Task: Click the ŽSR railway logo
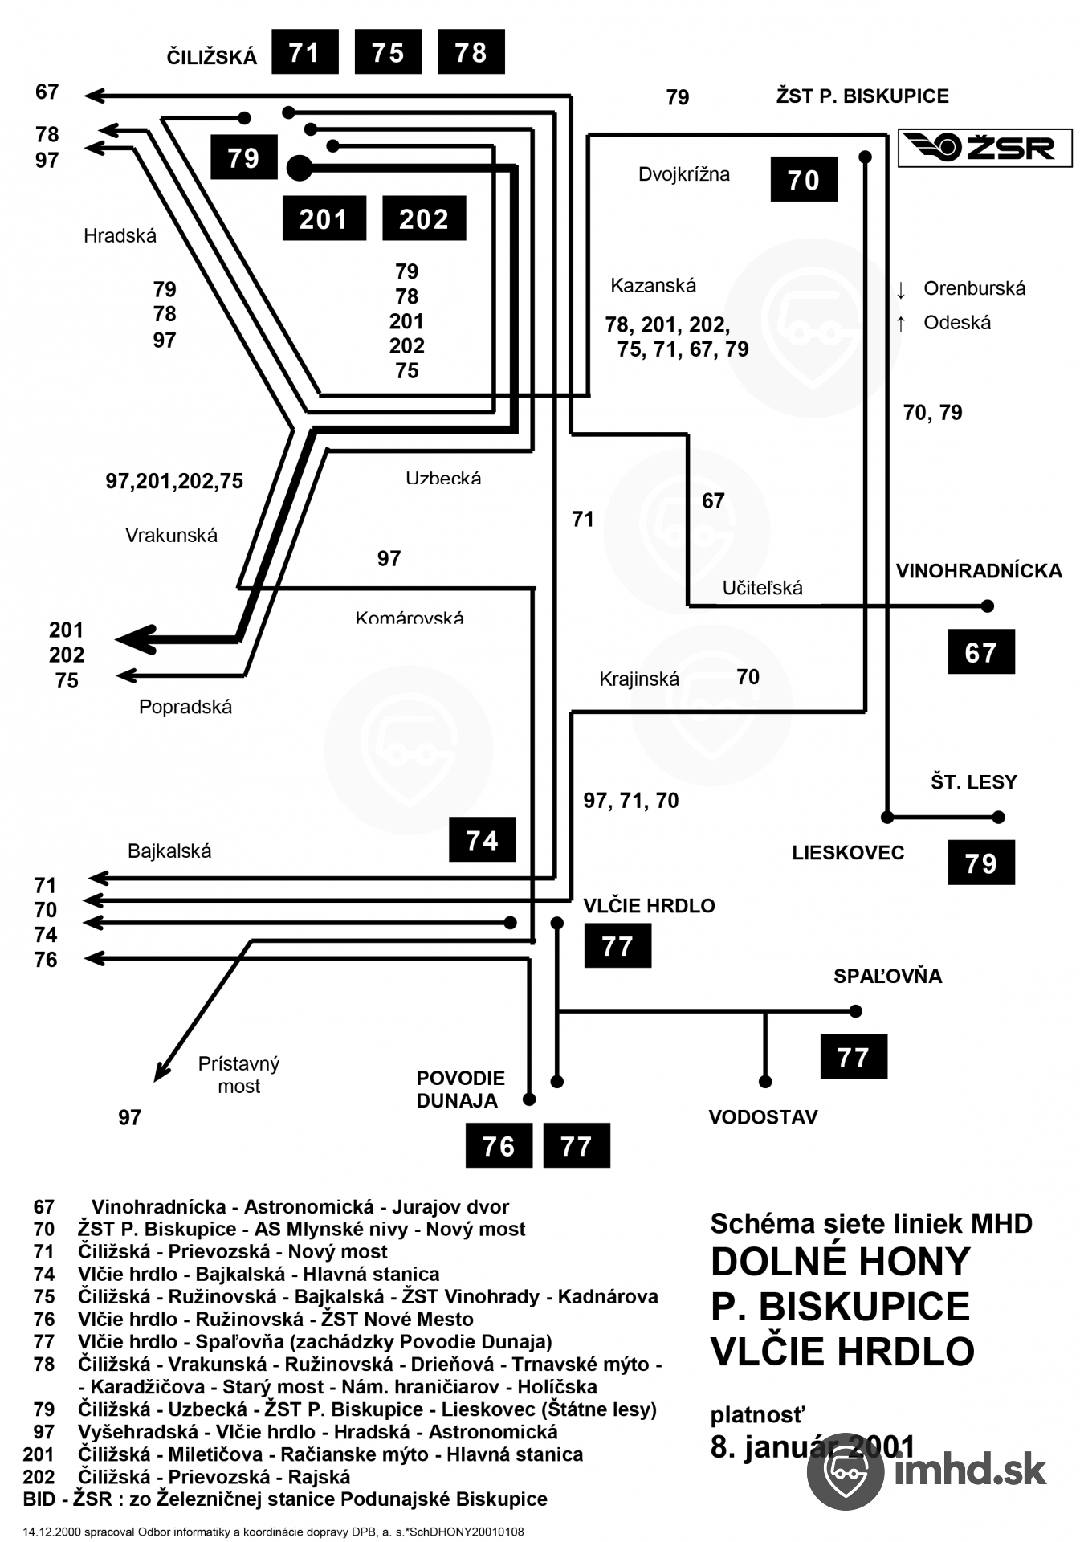pyautogui.click(x=984, y=148)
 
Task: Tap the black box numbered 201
pyautogui.click(x=324, y=218)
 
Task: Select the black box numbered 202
pyautogui.click(x=424, y=218)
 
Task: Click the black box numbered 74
pyautogui.click(x=482, y=839)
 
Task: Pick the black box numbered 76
pyautogui.click(x=499, y=1145)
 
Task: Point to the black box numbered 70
pyautogui.click(x=803, y=179)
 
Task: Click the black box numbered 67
pyautogui.click(x=980, y=651)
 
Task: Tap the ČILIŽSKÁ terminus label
pyautogui.click(x=212, y=57)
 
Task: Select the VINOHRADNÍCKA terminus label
pyautogui.click(x=979, y=571)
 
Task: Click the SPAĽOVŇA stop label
pyautogui.click(x=887, y=977)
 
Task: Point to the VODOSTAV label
pyautogui.click(x=763, y=1117)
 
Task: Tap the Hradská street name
pyautogui.click(x=120, y=236)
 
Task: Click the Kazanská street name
pyautogui.click(x=653, y=285)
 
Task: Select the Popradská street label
pyautogui.click(x=185, y=707)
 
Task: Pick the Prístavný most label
pyautogui.click(x=238, y=1075)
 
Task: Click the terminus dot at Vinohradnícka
pyautogui.click(x=988, y=606)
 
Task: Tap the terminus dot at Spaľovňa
pyautogui.click(x=856, y=1011)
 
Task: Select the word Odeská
pyautogui.click(x=957, y=323)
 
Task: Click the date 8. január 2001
pyautogui.click(x=813, y=1446)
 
